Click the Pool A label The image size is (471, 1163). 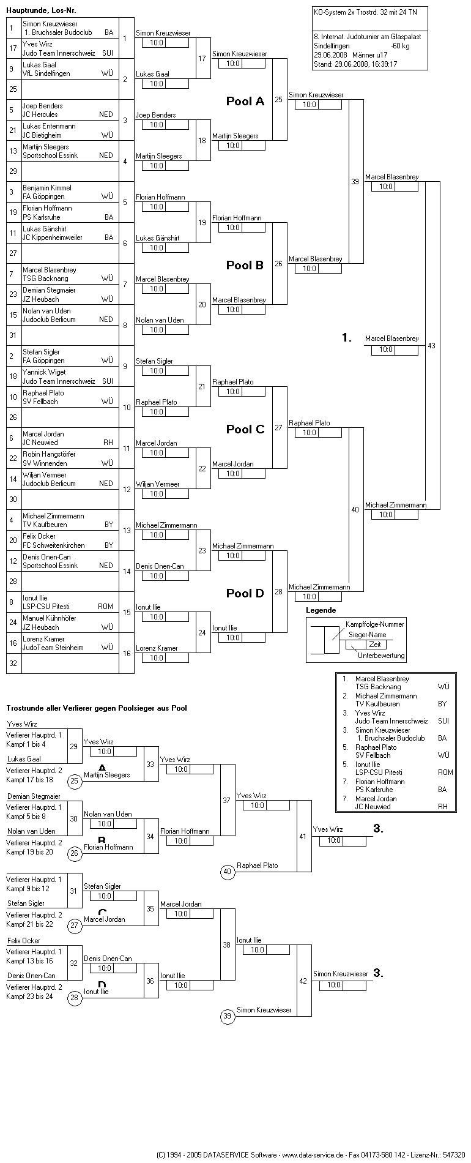(245, 102)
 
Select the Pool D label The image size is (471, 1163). (245, 593)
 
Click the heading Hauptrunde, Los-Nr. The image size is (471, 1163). (42, 10)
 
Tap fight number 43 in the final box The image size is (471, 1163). (431, 346)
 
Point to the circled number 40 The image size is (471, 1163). (228, 872)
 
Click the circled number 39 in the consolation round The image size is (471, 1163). (228, 1016)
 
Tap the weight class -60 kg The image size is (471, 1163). (400, 46)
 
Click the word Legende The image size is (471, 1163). (321, 610)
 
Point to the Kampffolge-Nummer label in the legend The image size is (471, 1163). (375, 624)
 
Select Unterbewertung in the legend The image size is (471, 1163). (381, 656)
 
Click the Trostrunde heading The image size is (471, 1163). (97, 708)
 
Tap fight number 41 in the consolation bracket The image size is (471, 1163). (303, 836)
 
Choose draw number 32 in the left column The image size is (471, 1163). (13, 663)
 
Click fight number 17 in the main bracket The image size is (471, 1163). (202, 59)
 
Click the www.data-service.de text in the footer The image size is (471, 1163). (313, 1154)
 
